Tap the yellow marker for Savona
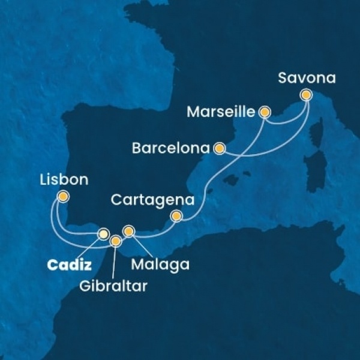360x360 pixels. point(307,94)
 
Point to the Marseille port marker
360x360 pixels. point(264,112)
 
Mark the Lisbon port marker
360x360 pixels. point(62,196)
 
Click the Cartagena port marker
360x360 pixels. point(176,216)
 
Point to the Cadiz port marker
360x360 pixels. point(103,234)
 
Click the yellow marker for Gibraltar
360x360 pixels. point(116,241)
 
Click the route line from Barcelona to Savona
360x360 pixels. point(264,154)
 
